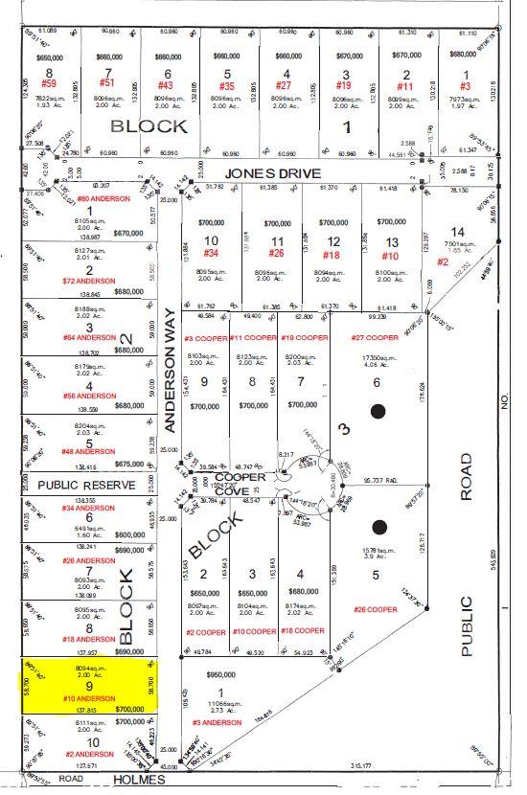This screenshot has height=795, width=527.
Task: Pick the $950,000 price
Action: point(222,674)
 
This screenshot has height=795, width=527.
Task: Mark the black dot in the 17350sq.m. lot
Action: point(378,412)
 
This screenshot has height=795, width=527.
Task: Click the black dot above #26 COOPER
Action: point(379,526)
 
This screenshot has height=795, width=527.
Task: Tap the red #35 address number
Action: point(227,84)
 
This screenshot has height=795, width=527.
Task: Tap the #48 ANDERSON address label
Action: point(88,451)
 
